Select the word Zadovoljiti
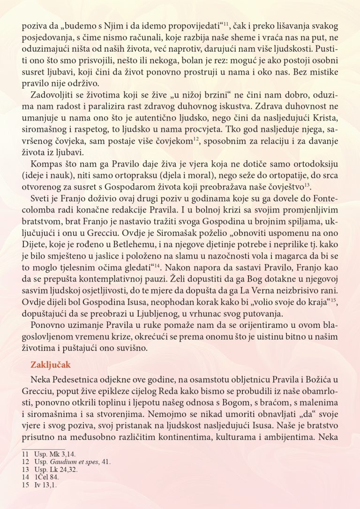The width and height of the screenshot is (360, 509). point(50,96)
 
